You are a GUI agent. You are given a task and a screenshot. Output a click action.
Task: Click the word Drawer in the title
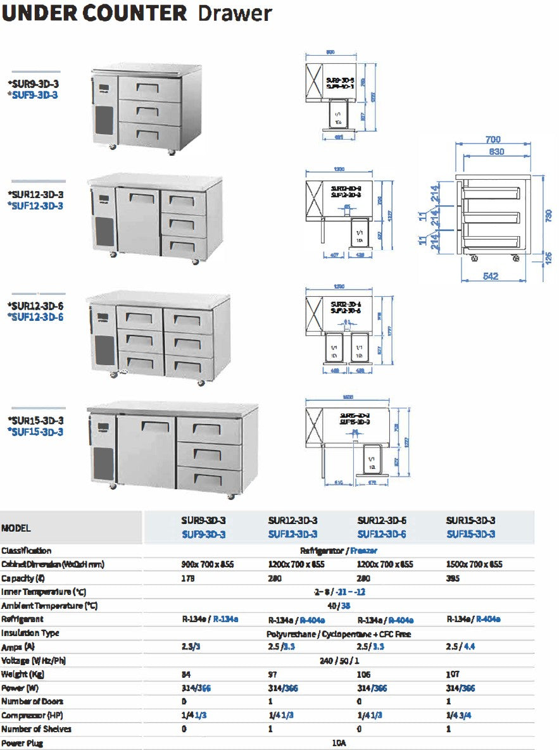coord(235,13)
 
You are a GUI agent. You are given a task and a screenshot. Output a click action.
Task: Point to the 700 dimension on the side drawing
coord(493,139)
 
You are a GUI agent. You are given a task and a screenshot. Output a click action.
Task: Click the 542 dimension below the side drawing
coord(491,276)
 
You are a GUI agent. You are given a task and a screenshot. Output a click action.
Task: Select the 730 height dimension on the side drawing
coord(548,215)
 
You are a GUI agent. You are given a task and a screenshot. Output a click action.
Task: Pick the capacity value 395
coord(454,578)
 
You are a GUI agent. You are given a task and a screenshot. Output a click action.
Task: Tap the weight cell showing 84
coord(186,674)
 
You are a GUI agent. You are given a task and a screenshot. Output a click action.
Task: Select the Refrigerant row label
coord(23,619)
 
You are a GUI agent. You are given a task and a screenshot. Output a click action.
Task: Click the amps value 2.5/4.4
coord(460,647)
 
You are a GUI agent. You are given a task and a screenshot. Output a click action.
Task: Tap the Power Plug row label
coord(22,743)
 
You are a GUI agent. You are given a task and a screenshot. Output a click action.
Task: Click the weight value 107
coord(453,674)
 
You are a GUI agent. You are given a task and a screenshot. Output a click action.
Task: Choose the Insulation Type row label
coord(30,633)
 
